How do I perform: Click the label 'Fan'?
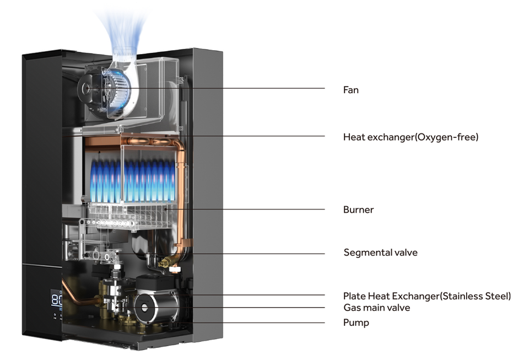350,89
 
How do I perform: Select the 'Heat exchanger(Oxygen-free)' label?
411,137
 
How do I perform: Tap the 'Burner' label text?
358,209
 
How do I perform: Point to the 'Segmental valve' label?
380,252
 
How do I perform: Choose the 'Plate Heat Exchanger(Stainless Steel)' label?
427,296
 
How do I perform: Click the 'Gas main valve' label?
376,308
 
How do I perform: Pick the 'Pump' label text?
356,323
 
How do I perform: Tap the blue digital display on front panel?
56,300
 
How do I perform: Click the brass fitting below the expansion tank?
163,264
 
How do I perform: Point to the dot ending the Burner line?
164,209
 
